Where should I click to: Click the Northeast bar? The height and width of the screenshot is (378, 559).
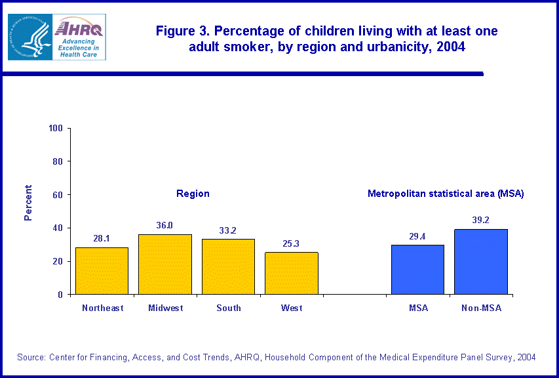(x=102, y=271)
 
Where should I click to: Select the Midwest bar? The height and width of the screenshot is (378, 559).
(x=164, y=264)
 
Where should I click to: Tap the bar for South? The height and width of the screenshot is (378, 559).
(x=228, y=266)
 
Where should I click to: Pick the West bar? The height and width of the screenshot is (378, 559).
(x=292, y=273)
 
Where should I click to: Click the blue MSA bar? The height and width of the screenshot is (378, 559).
(x=417, y=270)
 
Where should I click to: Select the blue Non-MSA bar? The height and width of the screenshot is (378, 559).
(x=481, y=262)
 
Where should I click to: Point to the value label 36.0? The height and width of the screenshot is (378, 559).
(x=164, y=225)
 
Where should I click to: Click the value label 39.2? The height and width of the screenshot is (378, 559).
(x=481, y=220)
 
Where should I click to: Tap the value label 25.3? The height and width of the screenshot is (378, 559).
(x=292, y=243)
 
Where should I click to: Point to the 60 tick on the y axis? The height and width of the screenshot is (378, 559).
(x=58, y=195)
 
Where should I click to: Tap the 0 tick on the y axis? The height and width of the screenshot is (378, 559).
(x=60, y=295)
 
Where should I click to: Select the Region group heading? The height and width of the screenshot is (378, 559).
(x=193, y=194)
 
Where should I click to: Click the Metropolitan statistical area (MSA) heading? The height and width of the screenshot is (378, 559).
(x=446, y=194)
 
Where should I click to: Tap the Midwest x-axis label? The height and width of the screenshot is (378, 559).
(x=165, y=308)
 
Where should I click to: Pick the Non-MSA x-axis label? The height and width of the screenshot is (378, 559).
(x=481, y=308)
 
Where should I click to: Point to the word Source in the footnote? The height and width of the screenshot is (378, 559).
(x=31, y=357)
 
